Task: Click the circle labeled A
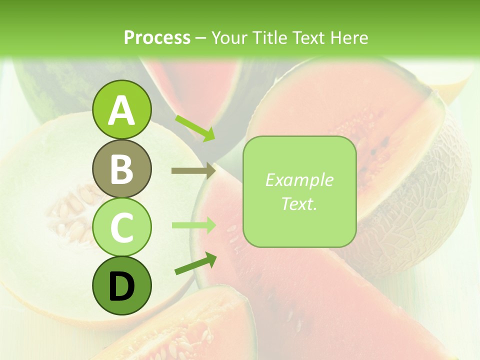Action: pos(121,109)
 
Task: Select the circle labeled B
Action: pos(121,168)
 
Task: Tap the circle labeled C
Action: pos(121,227)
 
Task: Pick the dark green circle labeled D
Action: pos(121,285)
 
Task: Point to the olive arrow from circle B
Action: pos(193,171)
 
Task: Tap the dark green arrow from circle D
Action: pos(195,263)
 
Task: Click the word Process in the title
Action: pos(157,38)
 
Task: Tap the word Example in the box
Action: pos(299,180)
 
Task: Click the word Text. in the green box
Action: pos(299,203)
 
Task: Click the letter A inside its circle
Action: pos(121,110)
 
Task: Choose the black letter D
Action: pos(121,286)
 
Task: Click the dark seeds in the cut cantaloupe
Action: pos(382,145)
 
